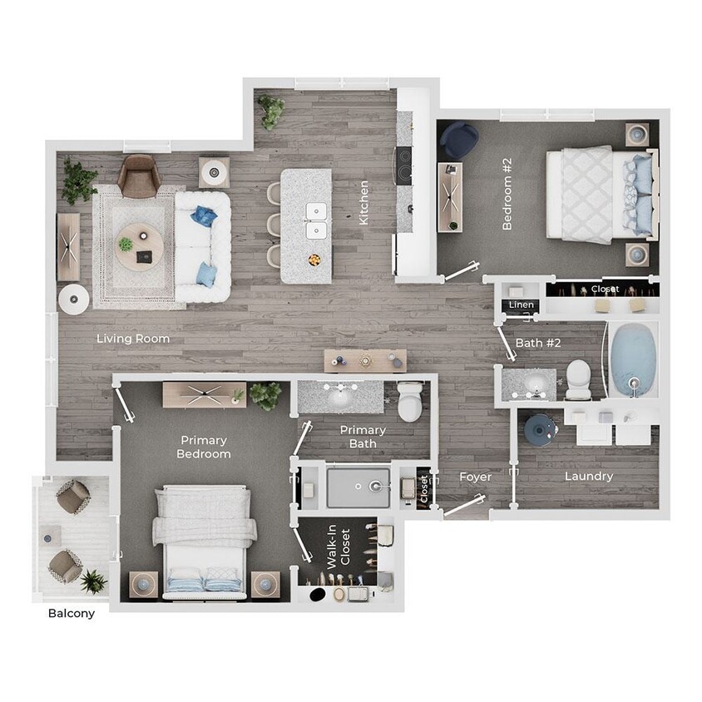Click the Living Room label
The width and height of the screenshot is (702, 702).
tap(133, 339)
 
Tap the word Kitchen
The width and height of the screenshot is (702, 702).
tap(363, 203)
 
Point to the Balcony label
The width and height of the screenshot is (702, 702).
tap(72, 614)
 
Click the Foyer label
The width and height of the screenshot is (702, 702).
tap(476, 477)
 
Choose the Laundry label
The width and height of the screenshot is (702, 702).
tap(589, 477)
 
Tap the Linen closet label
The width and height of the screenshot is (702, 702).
tap(522, 304)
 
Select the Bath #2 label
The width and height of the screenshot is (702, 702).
tap(540, 342)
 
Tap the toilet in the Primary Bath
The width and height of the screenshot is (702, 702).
tap(410, 401)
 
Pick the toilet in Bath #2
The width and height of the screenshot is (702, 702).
tap(577, 378)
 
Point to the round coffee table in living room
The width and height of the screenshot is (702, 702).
tap(139, 246)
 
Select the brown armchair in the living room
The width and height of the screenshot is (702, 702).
tap(138, 175)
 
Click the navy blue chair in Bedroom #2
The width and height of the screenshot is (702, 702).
tap(458, 141)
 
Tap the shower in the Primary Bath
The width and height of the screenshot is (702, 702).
tap(358, 487)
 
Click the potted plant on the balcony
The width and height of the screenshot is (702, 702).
tap(93, 581)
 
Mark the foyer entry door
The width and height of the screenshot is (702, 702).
tap(464, 504)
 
